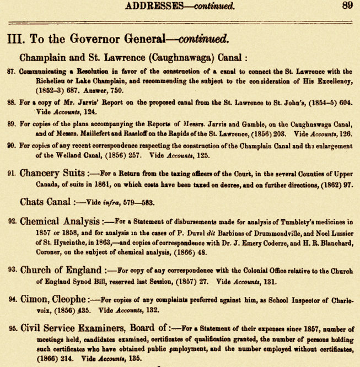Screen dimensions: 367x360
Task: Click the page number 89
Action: tap(346, 6)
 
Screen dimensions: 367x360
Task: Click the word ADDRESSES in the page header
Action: tap(156, 6)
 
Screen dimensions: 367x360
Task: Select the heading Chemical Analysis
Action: tap(61, 222)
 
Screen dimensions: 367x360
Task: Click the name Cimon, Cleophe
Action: tap(53, 300)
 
